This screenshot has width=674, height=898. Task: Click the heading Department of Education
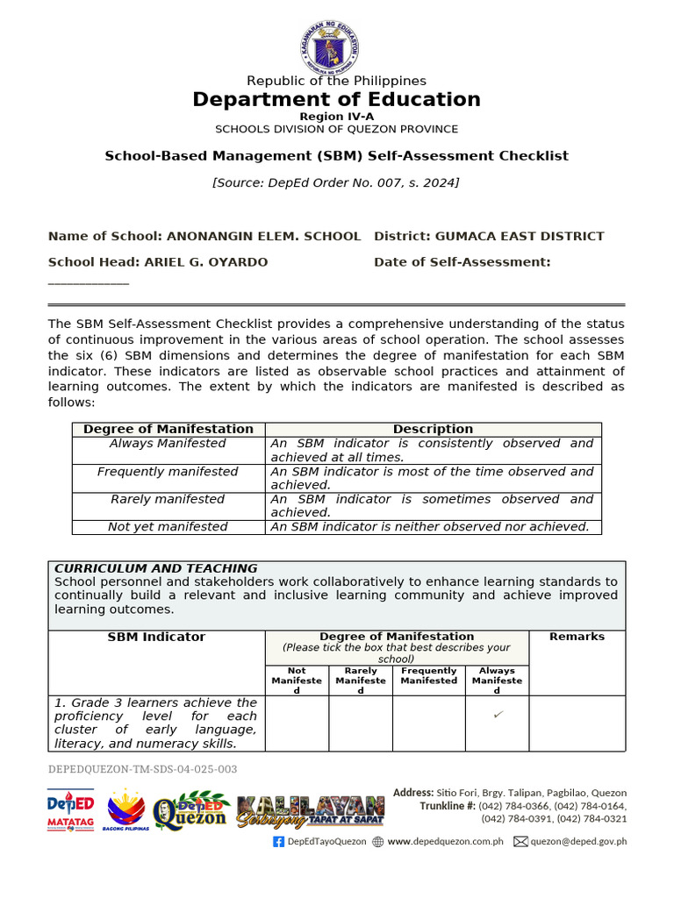336,99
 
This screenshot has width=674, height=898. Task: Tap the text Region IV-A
336,117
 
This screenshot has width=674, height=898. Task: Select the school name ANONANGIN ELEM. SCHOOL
263,236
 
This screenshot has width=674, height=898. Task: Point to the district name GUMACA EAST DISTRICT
518,236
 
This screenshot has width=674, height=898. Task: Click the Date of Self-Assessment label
462,261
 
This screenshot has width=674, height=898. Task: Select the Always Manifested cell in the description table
168,444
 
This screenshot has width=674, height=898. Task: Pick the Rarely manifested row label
168,499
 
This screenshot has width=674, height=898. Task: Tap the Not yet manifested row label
168,527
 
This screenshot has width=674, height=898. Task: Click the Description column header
433,429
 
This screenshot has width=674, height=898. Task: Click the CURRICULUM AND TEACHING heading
156,568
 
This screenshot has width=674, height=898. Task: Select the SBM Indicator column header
156,637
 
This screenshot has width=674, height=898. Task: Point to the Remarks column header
577,637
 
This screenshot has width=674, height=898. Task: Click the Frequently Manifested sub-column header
429,675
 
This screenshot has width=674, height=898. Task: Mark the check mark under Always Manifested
498,716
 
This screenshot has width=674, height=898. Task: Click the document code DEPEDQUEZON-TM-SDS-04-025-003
142,769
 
